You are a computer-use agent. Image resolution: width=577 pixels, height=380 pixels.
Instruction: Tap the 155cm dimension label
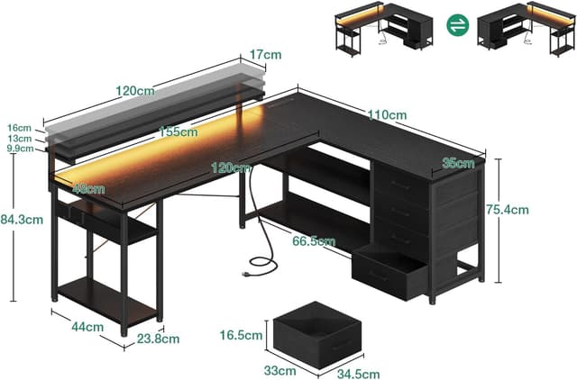click(x=178, y=131)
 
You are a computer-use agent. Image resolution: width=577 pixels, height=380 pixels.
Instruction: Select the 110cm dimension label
click(x=387, y=114)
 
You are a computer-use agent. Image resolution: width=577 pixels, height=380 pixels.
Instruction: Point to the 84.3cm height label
click(x=25, y=217)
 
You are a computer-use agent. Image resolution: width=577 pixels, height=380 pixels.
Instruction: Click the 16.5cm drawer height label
click(x=243, y=336)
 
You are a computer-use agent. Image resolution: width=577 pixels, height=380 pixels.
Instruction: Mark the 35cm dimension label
click(x=458, y=163)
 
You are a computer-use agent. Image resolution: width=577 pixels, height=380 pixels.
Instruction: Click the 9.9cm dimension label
click(x=19, y=149)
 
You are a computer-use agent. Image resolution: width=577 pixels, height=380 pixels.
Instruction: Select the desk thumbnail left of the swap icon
click(x=389, y=29)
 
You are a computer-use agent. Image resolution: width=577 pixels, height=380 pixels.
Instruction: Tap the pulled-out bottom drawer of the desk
click(x=390, y=274)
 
